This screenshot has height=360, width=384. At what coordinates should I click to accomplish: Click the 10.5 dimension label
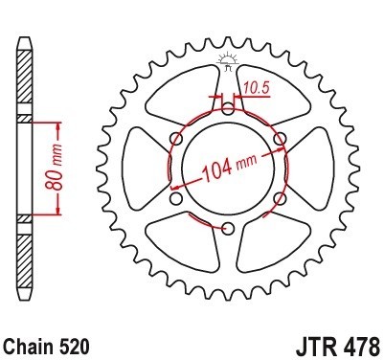tap(257, 88)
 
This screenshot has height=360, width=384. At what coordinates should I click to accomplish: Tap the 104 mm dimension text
tap(229, 167)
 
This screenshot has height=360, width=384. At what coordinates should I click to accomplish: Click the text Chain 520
tap(47, 346)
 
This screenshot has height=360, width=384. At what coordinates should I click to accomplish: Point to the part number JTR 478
tap(338, 346)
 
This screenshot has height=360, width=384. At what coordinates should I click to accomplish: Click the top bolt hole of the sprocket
tap(228, 108)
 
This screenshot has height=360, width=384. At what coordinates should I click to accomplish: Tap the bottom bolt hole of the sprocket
tap(228, 229)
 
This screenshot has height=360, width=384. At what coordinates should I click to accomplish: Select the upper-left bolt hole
tap(176, 139)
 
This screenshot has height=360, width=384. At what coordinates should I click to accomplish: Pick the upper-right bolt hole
tap(280, 139)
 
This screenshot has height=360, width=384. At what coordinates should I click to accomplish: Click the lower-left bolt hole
tap(176, 198)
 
